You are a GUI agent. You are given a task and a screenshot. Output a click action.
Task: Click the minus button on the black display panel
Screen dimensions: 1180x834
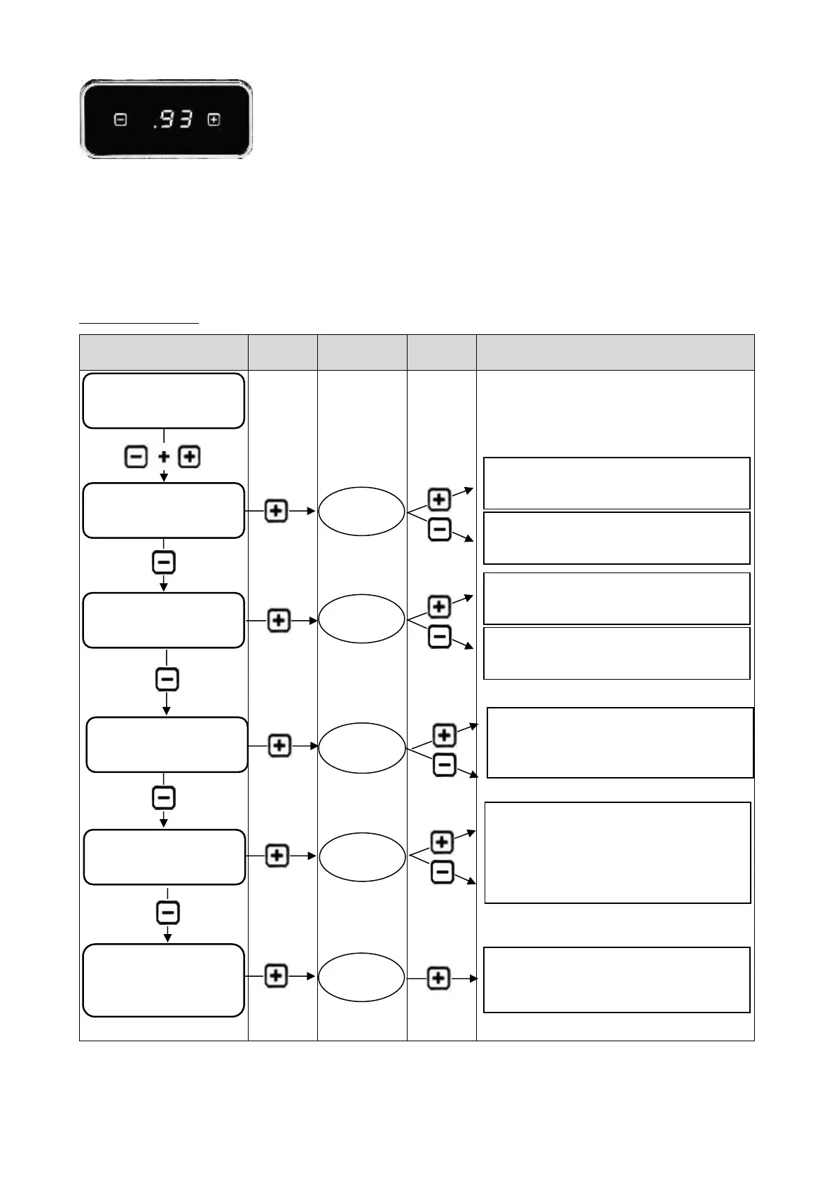[x=120, y=120]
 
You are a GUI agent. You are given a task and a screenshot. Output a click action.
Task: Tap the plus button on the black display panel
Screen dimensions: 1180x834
[x=214, y=120]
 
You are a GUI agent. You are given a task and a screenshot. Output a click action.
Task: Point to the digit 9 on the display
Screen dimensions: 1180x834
[x=167, y=120]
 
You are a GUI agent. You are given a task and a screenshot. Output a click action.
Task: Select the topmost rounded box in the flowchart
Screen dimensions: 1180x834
[x=163, y=400]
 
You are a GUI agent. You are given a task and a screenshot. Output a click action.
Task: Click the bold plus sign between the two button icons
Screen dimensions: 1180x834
[x=163, y=457]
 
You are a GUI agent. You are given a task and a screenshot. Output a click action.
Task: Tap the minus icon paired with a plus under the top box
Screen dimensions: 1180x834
[x=136, y=457]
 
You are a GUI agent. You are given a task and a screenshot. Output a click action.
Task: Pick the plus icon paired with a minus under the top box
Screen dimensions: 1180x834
[x=189, y=457]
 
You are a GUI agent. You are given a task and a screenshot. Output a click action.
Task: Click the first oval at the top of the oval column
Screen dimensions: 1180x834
[x=361, y=511]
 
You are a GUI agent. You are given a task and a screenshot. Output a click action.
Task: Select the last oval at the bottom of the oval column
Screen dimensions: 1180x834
[x=361, y=977]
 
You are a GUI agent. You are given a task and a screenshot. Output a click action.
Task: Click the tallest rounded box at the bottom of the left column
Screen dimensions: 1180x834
[x=163, y=980]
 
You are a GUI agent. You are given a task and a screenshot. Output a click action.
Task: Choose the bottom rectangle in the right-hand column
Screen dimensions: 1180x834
[x=616, y=980]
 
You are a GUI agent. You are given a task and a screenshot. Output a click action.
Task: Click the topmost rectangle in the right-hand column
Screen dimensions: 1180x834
[x=616, y=483]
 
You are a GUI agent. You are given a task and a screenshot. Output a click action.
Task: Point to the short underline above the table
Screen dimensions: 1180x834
[x=139, y=323]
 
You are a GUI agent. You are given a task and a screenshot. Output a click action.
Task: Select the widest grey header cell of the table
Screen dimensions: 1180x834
[x=615, y=352]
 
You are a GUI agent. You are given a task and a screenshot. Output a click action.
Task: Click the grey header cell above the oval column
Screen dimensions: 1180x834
[x=361, y=352]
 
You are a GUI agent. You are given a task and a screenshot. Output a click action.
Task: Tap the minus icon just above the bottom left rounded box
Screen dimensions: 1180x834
[x=167, y=912]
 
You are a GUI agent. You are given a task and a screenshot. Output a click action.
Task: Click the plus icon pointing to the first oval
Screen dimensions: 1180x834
[x=276, y=511]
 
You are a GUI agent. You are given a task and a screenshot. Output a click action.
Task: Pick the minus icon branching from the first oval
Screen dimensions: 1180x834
[x=439, y=529]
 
